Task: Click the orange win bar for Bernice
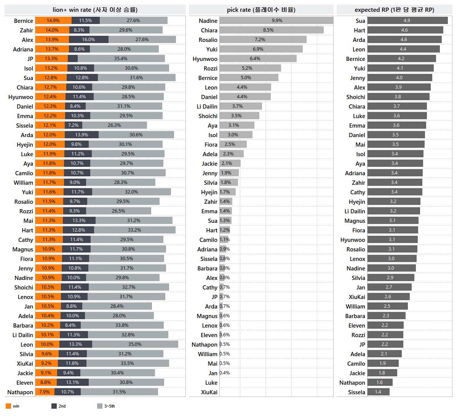click(x=53, y=21)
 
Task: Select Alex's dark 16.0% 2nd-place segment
click(x=89, y=40)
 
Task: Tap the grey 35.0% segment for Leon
click(x=135, y=344)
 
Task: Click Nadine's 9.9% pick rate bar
click(x=276, y=21)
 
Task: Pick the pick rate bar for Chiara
click(x=271, y=30)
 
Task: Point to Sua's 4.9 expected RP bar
click(x=407, y=21)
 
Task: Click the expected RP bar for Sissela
click(x=378, y=392)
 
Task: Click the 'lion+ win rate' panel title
click(x=95, y=10)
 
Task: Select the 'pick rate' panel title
click(x=261, y=10)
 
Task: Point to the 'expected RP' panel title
click(x=394, y=10)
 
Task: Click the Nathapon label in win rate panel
click(x=20, y=392)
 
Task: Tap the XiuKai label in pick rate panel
click(x=209, y=392)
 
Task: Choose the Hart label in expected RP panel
click(x=359, y=30)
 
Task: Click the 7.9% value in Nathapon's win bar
click(x=45, y=392)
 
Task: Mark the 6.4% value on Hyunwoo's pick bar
click(x=255, y=59)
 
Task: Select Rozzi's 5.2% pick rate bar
click(x=250, y=68)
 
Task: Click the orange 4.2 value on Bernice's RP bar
click(x=401, y=59)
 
